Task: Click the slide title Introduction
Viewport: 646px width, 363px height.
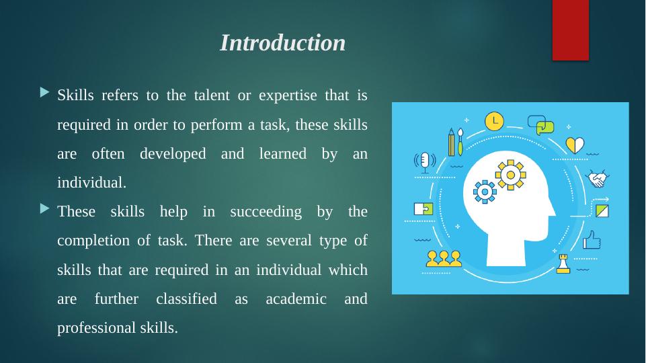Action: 282,43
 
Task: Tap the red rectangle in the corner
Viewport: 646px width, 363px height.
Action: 571,30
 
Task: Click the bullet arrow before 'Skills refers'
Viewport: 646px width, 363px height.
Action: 45,92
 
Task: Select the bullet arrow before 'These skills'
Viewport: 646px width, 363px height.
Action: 45,208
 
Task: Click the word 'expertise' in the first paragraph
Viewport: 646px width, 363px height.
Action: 288,95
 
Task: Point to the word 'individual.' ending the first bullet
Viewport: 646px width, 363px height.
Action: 91,183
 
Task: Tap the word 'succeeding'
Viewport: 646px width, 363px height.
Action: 266,212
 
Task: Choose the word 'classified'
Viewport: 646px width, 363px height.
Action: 186,298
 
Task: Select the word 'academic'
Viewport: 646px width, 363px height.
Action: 296,298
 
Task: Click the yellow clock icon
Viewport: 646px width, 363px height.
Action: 494,122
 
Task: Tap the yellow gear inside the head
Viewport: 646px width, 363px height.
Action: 510,175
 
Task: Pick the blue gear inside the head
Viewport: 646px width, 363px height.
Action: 485,192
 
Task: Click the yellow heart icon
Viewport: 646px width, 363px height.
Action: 575,145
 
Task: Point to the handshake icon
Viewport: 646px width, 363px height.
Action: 598,179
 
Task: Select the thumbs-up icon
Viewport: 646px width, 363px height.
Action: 592,240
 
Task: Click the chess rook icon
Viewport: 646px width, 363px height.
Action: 563,264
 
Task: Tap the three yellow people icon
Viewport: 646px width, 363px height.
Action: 444,259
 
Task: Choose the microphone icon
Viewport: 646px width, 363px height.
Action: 425,162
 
